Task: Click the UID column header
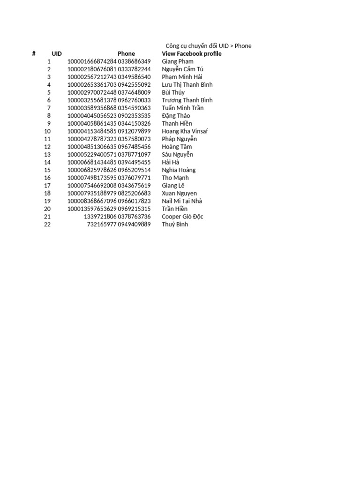(57, 54)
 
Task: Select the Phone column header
(126, 54)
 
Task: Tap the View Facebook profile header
(192, 54)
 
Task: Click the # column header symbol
(34, 54)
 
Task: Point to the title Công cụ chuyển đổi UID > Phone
(209, 46)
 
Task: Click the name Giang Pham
(178, 61)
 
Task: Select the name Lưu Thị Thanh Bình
(187, 85)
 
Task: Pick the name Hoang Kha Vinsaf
(185, 131)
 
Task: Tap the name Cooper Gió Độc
(182, 217)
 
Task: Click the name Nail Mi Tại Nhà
(182, 201)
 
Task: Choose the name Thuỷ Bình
(175, 225)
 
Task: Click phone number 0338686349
(135, 61)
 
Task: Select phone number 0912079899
(135, 131)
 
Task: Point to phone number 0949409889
(135, 225)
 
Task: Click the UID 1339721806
(100, 217)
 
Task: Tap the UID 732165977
(102, 225)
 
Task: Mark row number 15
(47, 170)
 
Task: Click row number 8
(49, 116)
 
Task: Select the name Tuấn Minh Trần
(183, 108)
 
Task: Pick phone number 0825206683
(135, 194)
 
